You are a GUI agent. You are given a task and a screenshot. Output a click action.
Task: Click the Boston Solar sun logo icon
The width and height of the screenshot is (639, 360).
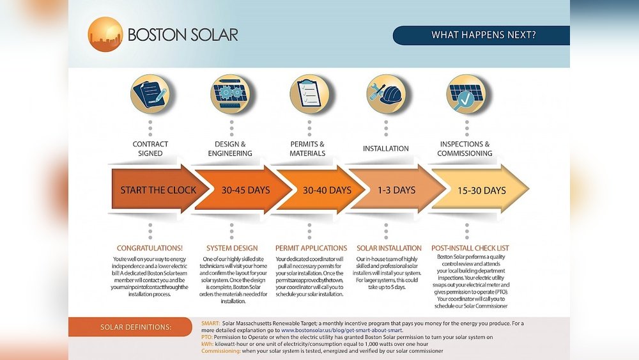(x=105, y=35)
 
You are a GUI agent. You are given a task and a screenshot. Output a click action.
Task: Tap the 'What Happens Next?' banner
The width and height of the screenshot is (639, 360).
(x=481, y=35)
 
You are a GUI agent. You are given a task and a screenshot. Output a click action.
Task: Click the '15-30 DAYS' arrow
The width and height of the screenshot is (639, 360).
(x=481, y=190)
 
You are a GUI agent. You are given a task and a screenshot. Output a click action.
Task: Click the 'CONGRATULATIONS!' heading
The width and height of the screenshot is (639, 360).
(x=150, y=248)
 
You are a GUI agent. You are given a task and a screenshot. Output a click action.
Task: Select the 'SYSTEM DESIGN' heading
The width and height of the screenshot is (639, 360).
(x=232, y=248)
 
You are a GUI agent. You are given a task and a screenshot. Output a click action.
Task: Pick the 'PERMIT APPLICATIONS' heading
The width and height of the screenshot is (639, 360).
(x=311, y=248)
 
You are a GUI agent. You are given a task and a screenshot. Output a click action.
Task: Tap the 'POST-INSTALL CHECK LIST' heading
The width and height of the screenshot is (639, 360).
(x=470, y=248)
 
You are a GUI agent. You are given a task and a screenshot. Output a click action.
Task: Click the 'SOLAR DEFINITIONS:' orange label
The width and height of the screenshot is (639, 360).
(x=136, y=327)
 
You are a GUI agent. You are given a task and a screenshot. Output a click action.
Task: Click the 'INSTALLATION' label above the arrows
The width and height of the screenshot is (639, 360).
(x=386, y=148)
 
